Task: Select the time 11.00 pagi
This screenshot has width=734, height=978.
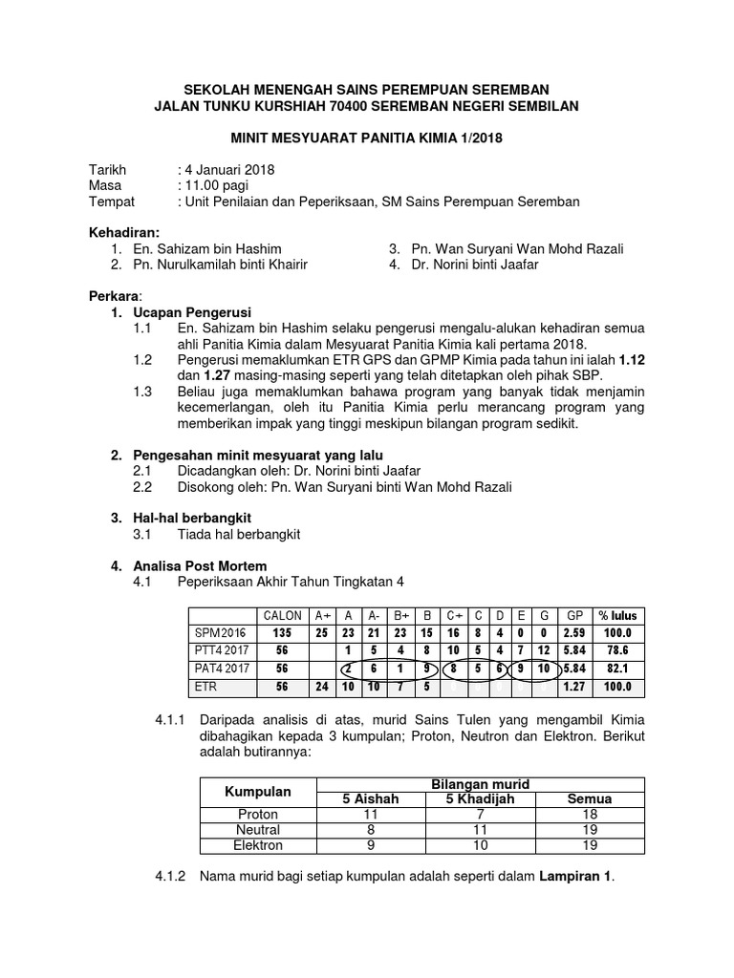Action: [216, 185]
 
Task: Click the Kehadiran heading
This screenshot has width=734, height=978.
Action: [124, 232]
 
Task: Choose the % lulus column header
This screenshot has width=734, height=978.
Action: [616, 615]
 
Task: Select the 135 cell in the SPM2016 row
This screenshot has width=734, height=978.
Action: [282, 631]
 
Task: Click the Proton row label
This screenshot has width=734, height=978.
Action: [258, 814]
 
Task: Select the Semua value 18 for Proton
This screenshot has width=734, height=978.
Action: [590, 814]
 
